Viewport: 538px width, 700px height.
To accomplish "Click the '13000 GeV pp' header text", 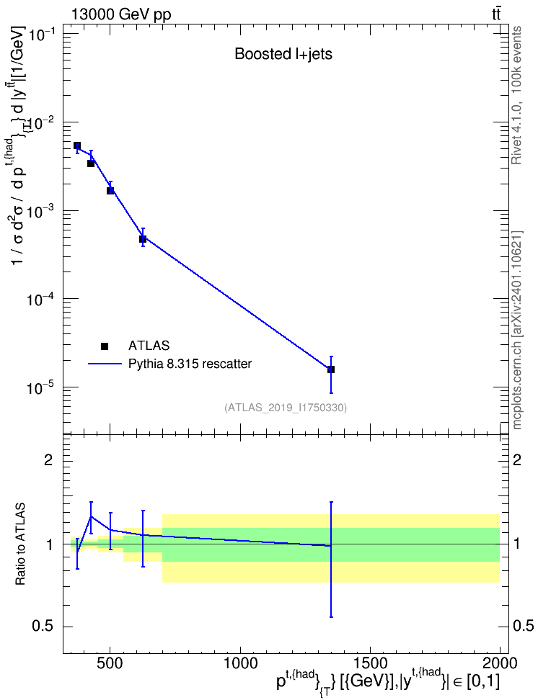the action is pyautogui.click(x=120, y=14).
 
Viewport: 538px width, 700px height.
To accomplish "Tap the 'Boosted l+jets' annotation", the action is pyautogui.click(x=283, y=54).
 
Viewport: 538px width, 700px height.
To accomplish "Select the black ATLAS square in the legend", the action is pyautogui.click(x=105, y=346).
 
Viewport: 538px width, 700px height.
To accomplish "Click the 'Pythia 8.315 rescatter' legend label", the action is pyautogui.click(x=190, y=364).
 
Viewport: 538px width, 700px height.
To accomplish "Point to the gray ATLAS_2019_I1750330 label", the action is pyautogui.click(x=286, y=407).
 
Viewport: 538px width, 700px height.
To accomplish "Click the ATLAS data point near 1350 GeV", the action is pyautogui.click(x=331, y=369).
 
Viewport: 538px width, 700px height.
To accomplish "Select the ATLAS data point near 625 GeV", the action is pyautogui.click(x=143, y=239).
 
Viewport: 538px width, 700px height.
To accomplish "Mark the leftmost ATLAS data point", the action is pyautogui.click(x=77, y=145).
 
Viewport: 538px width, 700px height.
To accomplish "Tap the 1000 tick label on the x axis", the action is pyautogui.click(x=240, y=663).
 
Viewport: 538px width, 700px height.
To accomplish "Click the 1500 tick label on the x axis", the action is pyautogui.click(x=370, y=663).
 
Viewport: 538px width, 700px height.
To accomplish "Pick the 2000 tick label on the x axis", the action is pyautogui.click(x=500, y=663).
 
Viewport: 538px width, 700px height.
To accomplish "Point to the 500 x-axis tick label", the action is pyautogui.click(x=110, y=663).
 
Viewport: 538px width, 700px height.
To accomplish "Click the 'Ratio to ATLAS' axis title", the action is pyautogui.click(x=21, y=544).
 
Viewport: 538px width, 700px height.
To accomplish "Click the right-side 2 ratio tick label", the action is pyautogui.click(x=517, y=459).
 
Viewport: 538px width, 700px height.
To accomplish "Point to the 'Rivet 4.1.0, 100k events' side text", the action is pyautogui.click(x=516, y=95).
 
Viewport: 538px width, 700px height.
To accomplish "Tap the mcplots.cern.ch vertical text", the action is pyautogui.click(x=516, y=330).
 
